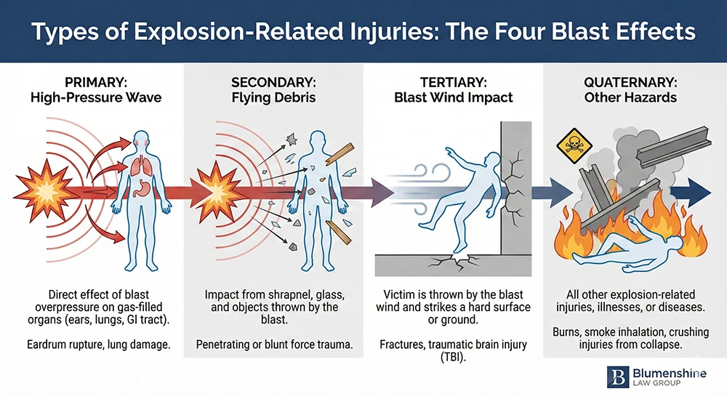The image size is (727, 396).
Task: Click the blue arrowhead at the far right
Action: tap(700, 193)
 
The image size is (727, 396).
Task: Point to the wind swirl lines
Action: tap(408, 190)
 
